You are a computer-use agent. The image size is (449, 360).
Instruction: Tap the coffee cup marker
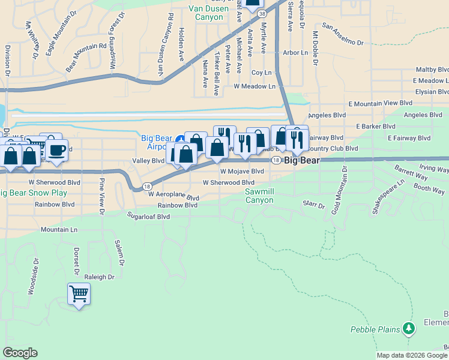point(58,150)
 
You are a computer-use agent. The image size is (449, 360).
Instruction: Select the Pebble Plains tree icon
point(408,328)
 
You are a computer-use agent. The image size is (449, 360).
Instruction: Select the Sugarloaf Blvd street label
point(148,215)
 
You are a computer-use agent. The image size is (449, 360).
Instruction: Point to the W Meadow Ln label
point(254,86)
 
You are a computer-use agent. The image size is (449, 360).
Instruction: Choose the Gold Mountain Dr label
point(345,187)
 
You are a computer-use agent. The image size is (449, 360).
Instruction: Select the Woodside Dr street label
point(32,277)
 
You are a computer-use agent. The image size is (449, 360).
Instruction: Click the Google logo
point(20,353)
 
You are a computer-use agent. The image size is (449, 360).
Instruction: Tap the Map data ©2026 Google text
point(412,355)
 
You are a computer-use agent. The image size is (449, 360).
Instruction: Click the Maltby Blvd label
point(435,70)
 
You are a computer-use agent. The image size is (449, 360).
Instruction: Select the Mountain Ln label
point(59,230)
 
